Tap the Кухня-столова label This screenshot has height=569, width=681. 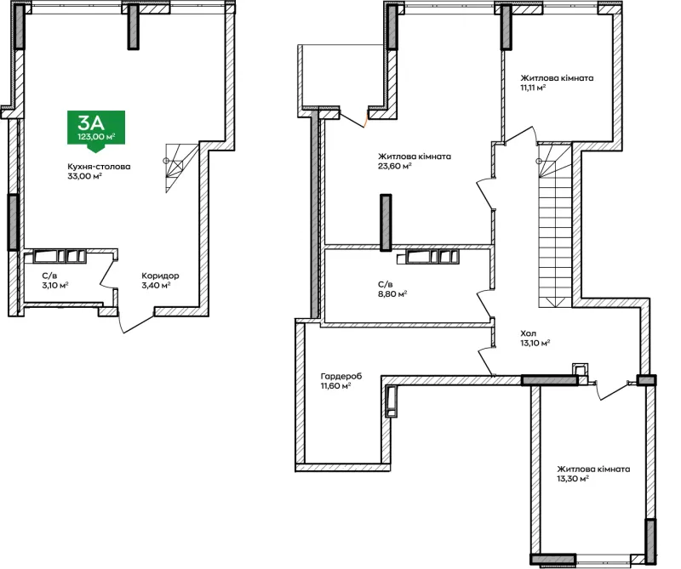99,167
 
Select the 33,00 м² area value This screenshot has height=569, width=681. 84,176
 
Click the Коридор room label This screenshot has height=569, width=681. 160,276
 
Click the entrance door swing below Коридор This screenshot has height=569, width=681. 135,321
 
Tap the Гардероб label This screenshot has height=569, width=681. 341,376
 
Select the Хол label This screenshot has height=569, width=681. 528,333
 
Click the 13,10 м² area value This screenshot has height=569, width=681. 535,343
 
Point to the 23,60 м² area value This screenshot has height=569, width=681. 395,166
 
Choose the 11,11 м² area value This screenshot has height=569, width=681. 533,88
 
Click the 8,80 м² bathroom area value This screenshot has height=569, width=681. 392,294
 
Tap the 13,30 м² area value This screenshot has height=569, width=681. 573,479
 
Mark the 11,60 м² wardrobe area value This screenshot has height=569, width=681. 335,386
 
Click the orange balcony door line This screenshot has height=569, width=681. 366,121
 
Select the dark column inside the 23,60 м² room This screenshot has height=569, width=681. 386,223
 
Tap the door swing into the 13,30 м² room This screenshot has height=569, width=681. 613,389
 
